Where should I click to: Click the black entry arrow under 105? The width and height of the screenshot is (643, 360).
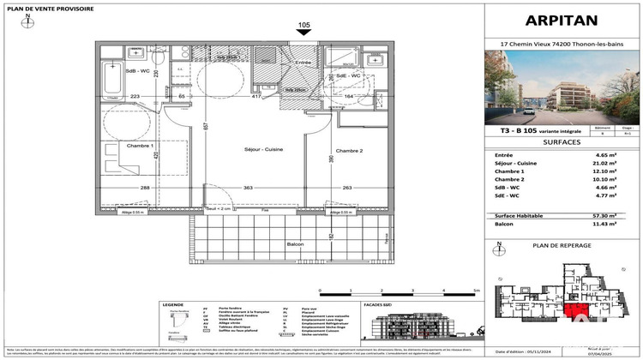pyautogui.click(x=303, y=33)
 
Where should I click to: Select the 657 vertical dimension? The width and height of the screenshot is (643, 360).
pyautogui.click(x=206, y=125)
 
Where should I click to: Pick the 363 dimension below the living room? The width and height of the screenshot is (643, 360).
pyautogui.click(x=248, y=187)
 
